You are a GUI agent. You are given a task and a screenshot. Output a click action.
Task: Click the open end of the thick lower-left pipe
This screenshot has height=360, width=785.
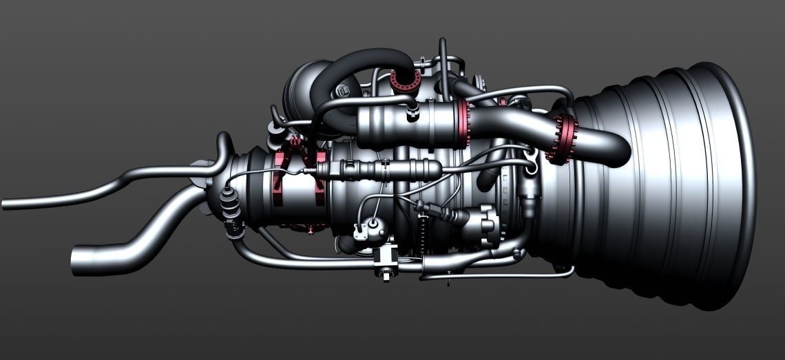(77, 262)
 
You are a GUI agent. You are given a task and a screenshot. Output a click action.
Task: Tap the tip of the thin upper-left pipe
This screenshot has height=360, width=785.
(6, 204)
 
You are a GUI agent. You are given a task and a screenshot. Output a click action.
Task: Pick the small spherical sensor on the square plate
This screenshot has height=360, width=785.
(373, 223)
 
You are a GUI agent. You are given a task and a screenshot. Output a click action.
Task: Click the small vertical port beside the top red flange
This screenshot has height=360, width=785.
(441, 65)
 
